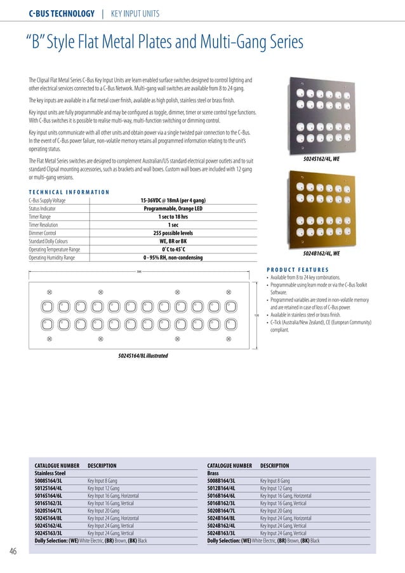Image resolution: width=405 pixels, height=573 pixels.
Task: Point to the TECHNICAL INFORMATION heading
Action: coord(69,192)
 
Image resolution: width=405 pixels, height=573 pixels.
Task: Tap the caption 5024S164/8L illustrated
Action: coord(143,356)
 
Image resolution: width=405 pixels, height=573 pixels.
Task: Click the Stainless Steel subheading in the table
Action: coord(50,474)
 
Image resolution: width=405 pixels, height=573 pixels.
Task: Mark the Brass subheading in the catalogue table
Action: coord(214,474)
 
